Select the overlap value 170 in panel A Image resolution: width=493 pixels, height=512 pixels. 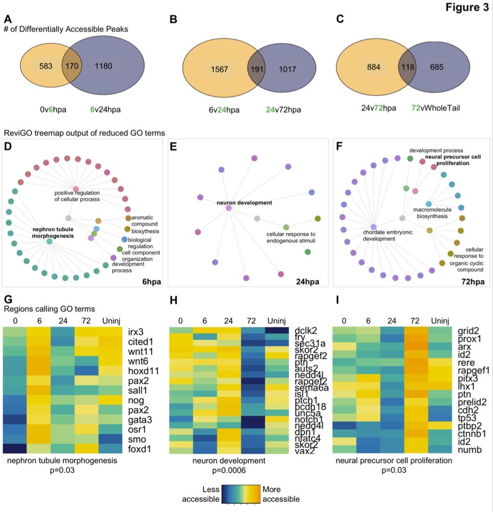point(70,66)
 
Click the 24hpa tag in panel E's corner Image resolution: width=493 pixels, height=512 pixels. point(307,281)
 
